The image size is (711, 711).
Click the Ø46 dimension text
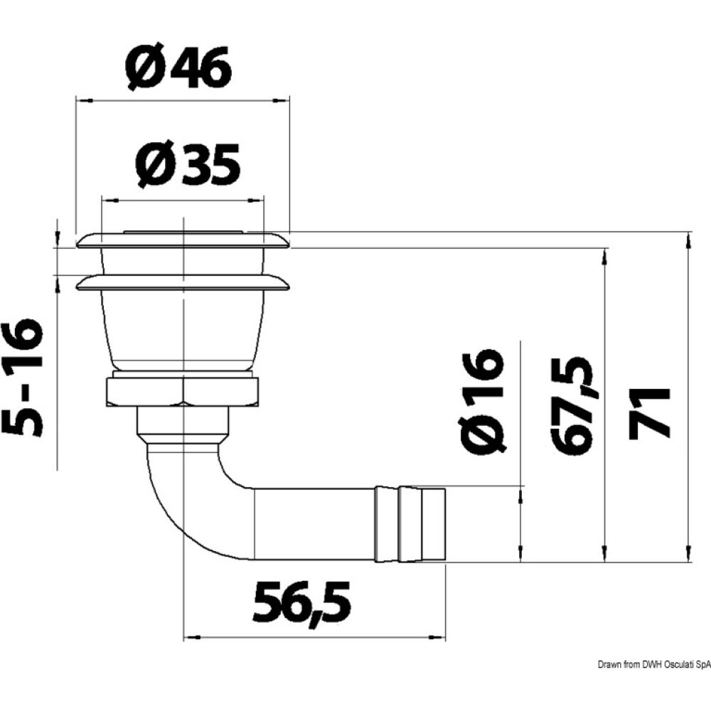[x=178, y=69]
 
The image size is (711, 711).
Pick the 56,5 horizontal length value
[x=302, y=602]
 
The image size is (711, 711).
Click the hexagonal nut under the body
[x=183, y=392]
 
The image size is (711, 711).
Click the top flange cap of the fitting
[x=183, y=240]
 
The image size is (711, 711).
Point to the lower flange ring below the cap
[x=183, y=284]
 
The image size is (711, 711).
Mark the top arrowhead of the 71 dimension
[x=688, y=240]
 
